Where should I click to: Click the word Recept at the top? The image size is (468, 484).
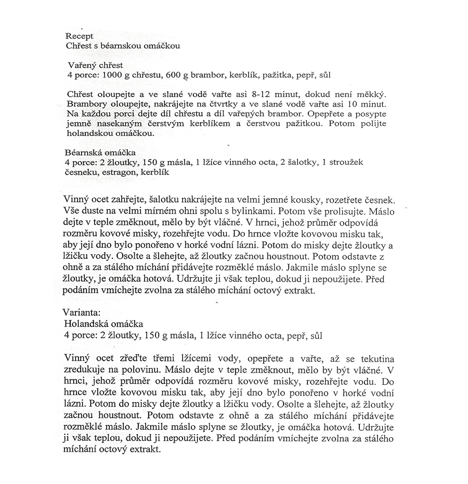(80, 36)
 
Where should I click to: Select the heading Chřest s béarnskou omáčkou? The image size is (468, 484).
(123, 45)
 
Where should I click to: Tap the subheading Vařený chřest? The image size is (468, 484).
(96, 66)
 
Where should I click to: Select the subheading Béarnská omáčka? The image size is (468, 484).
(100, 153)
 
